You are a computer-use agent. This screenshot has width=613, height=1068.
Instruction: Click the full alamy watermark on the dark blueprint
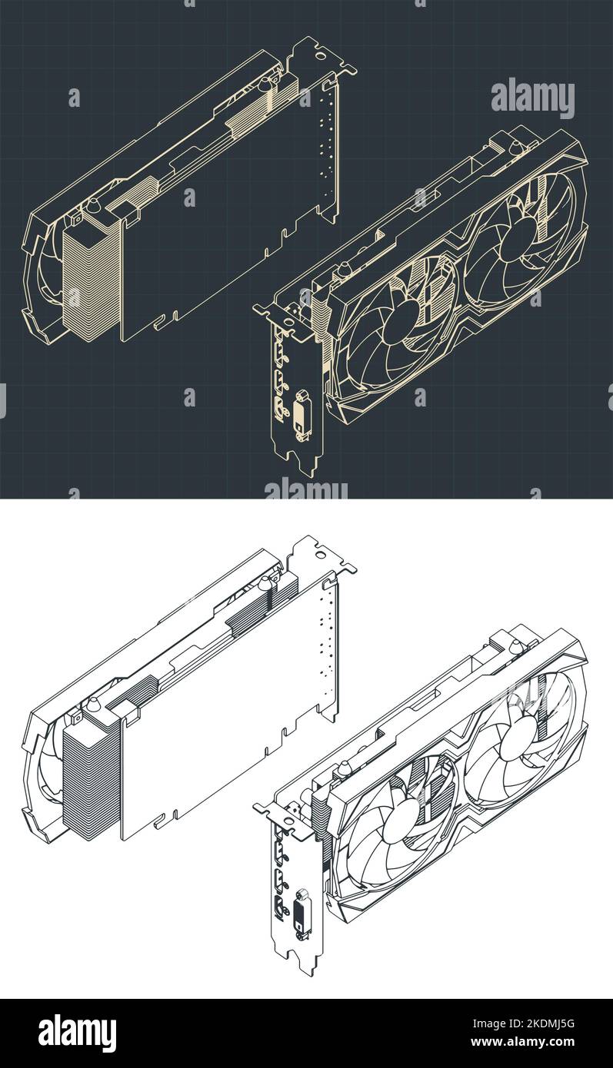[532, 98]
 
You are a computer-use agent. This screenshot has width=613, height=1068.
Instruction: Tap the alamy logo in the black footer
[77, 1033]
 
